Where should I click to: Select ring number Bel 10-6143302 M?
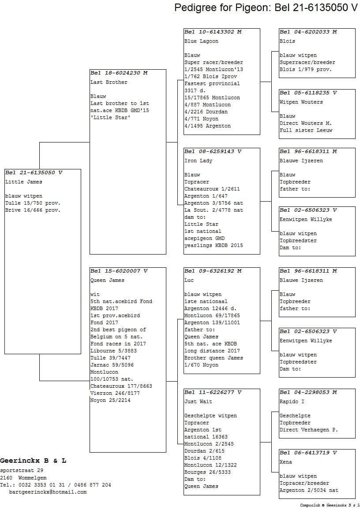click(213, 32)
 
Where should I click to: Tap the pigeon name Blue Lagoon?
click(201, 41)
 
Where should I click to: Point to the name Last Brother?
click(109, 82)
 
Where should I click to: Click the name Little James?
click(24, 182)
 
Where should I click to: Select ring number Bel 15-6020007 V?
click(119, 271)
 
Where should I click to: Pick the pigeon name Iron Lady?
click(198, 161)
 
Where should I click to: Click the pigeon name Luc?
click(189, 280)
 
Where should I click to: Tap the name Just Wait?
click(198, 401)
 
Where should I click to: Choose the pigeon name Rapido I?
click(292, 401)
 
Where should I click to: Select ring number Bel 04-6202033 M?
click(308, 32)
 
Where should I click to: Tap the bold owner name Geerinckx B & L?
click(33, 461)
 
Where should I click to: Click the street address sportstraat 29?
click(22, 471)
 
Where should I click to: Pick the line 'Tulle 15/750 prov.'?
click(33, 203)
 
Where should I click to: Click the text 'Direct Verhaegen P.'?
click(308, 430)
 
